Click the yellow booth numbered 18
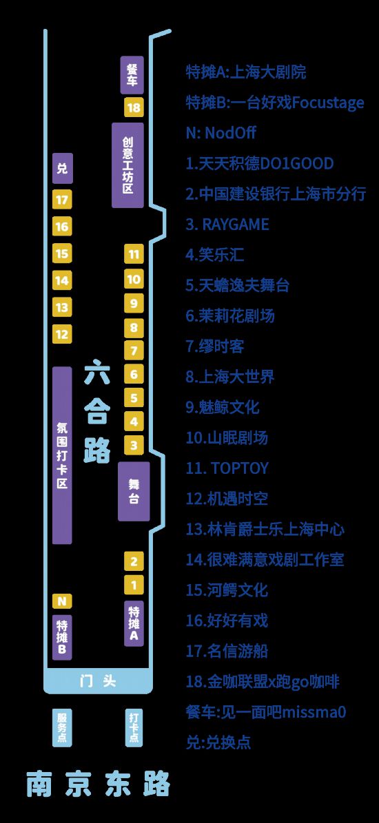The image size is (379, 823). (x=134, y=107)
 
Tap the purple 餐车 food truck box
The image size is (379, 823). (x=132, y=75)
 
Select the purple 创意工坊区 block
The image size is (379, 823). (x=127, y=165)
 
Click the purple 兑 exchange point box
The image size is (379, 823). (x=62, y=169)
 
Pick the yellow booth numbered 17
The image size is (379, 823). (x=62, y=200)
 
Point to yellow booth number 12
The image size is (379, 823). (x=62, y=334)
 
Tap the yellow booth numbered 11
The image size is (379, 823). (x=134, y=255)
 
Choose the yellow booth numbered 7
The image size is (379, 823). (x=134, y=351)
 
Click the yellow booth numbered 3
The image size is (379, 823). (x=134, y=446)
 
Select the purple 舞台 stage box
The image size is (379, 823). (x=134, y=491)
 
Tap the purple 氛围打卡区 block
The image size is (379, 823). (x=62, y=455)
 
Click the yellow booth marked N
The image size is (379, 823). (x=62, y=601)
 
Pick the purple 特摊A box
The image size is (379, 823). (x=134, y=623)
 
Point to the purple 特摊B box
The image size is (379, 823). (x=62, y=636)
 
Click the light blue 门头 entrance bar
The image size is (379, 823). (x=98, y=681)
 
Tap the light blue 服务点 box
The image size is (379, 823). (x=62, y=727)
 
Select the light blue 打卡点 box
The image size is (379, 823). (x=134, y=727)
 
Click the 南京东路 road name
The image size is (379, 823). (x=98, y=784)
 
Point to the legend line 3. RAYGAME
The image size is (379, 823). (x=227, y=225)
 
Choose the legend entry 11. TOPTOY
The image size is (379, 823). (x=227, y=468)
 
